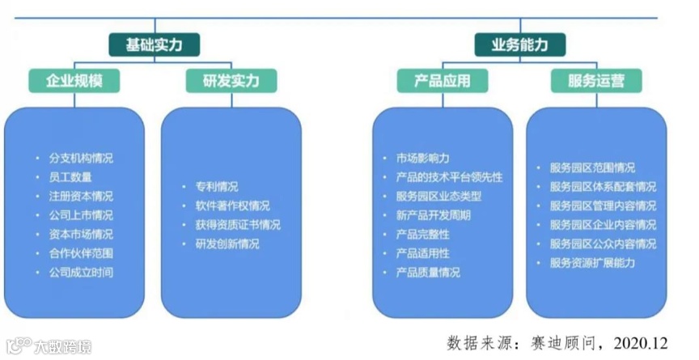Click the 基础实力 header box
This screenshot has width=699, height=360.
coord(153,44)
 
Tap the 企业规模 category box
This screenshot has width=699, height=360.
coord(74,80)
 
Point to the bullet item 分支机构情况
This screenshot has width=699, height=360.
coord(80,158)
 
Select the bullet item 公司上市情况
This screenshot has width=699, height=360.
coord(80,215)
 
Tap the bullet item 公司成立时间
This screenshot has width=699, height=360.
coord(80,272)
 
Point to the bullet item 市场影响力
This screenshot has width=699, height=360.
coord(422,158)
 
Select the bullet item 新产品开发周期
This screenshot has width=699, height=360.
coord(433,215)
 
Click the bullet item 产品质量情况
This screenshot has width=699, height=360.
coord(428,272)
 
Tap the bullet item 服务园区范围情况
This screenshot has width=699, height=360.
coord(592,168)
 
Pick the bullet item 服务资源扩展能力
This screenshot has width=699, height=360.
coord(592,262)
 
